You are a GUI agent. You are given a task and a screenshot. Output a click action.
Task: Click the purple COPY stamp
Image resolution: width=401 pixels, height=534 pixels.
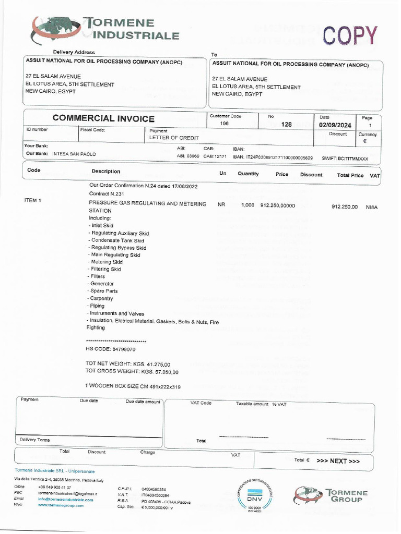tap(349, 35)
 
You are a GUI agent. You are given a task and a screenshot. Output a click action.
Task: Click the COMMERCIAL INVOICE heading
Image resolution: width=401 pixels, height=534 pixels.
tap(103, 119)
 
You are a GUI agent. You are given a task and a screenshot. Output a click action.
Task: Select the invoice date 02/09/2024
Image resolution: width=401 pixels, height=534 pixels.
tap(335, 125)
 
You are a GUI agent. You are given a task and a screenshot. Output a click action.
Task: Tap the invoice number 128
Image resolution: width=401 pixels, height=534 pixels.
tap(286, 125)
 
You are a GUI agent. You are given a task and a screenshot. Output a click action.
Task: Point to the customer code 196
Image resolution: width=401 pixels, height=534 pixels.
tap(225, 124)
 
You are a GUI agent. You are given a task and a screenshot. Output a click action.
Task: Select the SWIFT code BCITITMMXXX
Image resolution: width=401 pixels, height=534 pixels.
tap(345, 157)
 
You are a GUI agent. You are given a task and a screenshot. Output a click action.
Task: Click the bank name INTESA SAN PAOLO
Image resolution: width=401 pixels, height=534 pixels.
tap(74, 154)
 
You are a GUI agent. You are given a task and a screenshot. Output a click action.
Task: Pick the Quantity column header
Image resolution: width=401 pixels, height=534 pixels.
tap(248, 174)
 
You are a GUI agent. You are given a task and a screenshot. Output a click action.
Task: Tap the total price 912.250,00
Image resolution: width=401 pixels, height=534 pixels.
tap(345, 207)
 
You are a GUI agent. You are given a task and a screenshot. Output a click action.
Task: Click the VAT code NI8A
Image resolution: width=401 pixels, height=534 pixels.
tap(371, 207)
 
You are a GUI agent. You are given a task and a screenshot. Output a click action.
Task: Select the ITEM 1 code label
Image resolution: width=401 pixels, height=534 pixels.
tap(32, 200)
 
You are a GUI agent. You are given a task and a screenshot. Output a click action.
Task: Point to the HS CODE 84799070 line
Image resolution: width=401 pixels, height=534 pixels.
tap(111, 349)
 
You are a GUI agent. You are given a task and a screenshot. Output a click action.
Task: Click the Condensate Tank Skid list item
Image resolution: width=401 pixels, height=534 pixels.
tap(116, 240)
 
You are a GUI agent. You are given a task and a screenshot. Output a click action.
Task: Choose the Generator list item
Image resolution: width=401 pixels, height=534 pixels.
tap(102, 284)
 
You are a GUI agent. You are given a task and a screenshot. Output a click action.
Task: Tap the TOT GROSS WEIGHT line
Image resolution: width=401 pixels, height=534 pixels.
tap(132, 372)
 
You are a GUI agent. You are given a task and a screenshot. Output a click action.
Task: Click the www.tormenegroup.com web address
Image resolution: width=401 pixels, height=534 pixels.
tap(61, 505)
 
